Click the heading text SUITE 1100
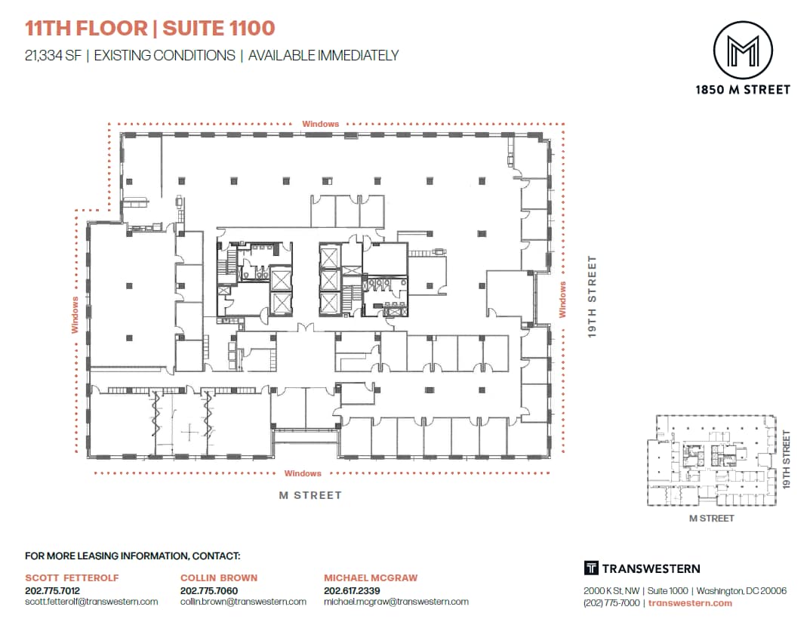click(x=218, y=29)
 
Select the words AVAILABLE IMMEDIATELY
click(x=323, y=55)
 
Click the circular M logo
click(x=742, y=50)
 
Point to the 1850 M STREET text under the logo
click(x=742, y=89)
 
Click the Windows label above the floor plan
click(x=320, y=124)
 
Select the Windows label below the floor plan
click(x=303, y=473)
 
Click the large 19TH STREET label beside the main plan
click(x=593, y=297)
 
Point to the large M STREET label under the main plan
click(x=310, y=495)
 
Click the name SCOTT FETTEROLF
click(x=72, y=577)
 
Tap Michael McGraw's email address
click(x=396, y=602)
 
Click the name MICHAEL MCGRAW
click(x=371, y=577)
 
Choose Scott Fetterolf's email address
click(x=91, y=602)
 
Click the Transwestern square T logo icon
click(x=591, y=568)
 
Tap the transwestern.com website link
click(x=690, y=603)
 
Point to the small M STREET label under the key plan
click(x=711, y=519)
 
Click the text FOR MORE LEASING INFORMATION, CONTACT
click(x=132, y=556)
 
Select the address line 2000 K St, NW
click(x=612, y=591)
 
